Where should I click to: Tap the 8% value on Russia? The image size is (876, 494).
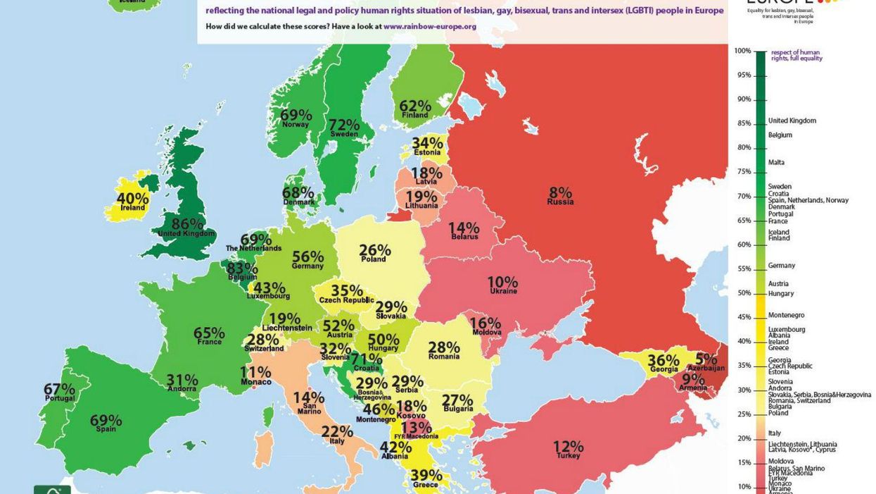(x=560, y=192)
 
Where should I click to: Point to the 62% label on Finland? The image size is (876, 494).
(x=415, y=106)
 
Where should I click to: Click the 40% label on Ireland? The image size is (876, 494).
(x=133, y=198)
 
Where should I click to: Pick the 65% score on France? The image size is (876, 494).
(x=209, y=333)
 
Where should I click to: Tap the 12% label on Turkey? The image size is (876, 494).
(x=568, y=446)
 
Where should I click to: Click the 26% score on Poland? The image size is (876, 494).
(x=374, y=249)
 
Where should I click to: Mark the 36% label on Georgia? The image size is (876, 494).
(x=663, y=359)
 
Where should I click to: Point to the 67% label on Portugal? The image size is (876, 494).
(x=59, y=388)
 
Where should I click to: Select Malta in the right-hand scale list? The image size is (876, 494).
(x=776, y=162)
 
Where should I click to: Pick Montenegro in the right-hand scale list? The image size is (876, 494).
(x=786, y=315)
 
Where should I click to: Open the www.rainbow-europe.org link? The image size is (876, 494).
(x=430, y=26)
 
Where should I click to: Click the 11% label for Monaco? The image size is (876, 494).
(x=255, y=372)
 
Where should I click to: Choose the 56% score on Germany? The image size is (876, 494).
(x=307, y=257)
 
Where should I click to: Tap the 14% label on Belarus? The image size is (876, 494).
(x=464, y=228)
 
